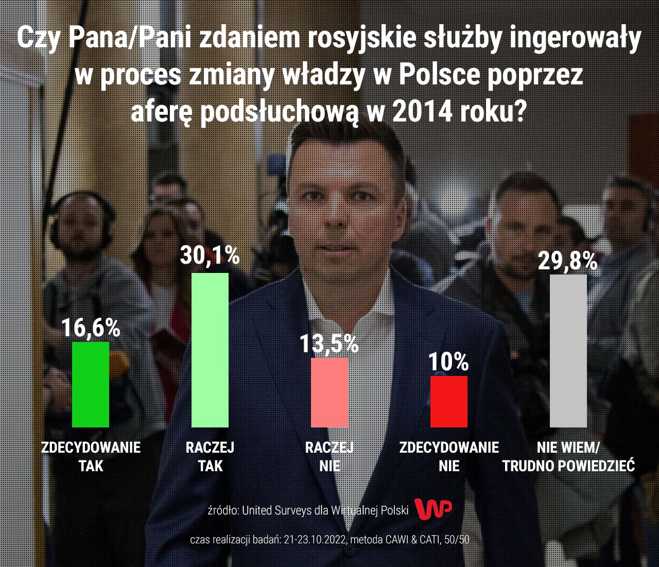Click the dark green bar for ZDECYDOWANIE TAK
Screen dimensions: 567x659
point(91,384)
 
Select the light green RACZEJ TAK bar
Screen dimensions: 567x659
point(210,350)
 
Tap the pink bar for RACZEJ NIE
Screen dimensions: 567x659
point(329,392)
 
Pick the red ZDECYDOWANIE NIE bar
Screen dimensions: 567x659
point(449,401)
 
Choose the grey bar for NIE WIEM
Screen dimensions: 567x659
point(568,351)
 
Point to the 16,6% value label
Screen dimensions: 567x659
point(91,328)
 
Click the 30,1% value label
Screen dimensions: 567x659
point(210,255)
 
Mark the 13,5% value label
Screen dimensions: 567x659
point(329,344)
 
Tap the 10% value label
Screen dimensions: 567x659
point(449,362)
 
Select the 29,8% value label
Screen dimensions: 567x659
point(568,261)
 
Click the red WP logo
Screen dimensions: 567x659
point(433,509)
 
